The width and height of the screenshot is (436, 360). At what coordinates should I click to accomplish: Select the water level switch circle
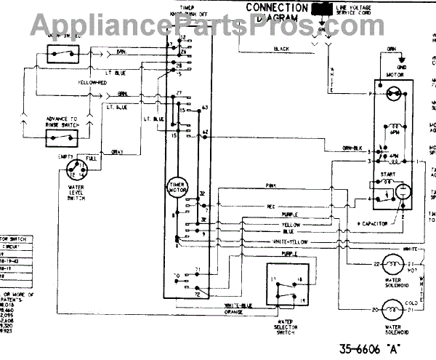tap(76, 172)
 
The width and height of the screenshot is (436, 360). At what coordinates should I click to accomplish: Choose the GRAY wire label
tap(117, 151)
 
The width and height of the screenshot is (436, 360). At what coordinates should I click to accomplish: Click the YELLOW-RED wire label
tap(93, 83)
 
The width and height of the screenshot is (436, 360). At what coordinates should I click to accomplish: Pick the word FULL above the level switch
tap(92, 157)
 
